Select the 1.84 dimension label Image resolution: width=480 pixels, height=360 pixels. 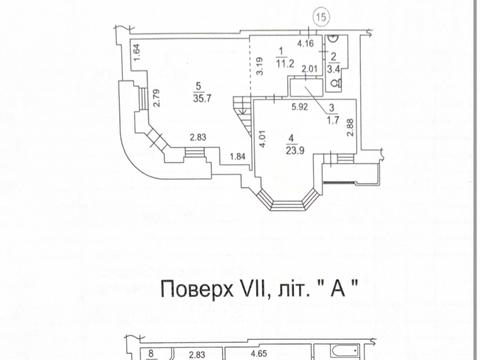tap(236, 157)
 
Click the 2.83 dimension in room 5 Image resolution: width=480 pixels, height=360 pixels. tap(198, 138)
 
